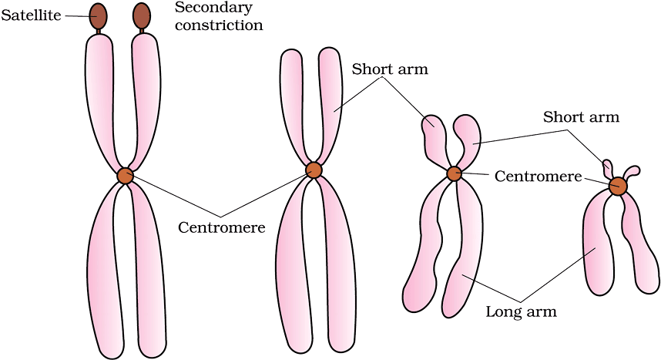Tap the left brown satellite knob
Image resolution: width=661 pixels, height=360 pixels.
(x=99, y=15)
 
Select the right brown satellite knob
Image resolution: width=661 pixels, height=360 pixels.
(x=142, y=15)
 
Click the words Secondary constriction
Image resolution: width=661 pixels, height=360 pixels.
(x=219, y=16)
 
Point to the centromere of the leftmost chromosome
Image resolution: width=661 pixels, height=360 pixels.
(x=125, y=176)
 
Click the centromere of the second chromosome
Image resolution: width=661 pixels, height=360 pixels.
(x=314, y=170)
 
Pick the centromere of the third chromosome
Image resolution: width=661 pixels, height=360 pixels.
(x=454, y=173)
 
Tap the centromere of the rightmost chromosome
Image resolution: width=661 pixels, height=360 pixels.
(x=618, y=187)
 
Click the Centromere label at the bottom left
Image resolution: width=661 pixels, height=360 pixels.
(x=222, y=227)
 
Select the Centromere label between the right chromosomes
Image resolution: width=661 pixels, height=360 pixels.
(x=538, y=177)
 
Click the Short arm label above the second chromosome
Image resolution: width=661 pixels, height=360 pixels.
(x=390, y=69)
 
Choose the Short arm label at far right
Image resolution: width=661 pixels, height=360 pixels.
(x=581, y=117)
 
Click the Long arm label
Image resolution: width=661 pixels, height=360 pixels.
(x=521, y=312)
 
